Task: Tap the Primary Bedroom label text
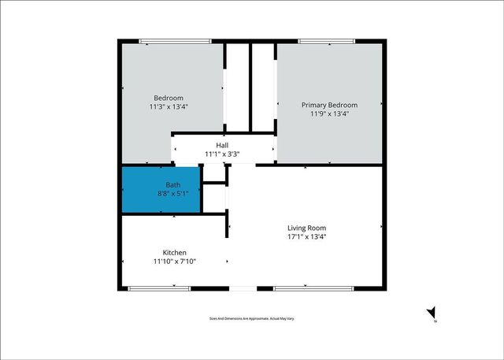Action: [x=329, y=105]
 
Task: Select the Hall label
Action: [x=222, y=145]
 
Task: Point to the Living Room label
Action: [x=306, y=228]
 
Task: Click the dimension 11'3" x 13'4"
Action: [x=169, y=106]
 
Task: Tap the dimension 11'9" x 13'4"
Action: [x=329, y=113]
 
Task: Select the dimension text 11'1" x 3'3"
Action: [x=222, y=154]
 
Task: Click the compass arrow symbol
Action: [x=431, y=314]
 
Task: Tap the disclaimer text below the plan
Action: [x=252, y=318]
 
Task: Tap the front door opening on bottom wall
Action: [x=243, y=288]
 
